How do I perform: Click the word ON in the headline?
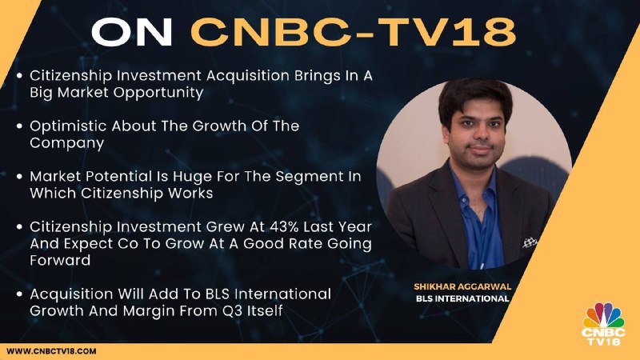(132, 31)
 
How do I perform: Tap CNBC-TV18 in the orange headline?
(354, 31)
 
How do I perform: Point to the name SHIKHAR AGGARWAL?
(462, 286)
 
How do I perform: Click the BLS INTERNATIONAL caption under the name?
(462, 298)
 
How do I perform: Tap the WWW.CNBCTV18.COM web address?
(51, 351)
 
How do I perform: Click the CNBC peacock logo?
(604, 325)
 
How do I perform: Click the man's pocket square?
(530, 242)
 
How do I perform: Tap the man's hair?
(474, 98)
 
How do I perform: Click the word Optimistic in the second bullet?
(68, 126)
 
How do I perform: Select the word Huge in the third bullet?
(191, 177)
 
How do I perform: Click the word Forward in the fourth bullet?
(60, 261)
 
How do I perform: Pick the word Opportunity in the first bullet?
(158, 93)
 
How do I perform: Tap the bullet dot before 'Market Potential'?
(19, 177)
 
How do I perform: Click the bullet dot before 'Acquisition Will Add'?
(19, 294)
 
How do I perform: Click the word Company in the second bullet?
(67, 143)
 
